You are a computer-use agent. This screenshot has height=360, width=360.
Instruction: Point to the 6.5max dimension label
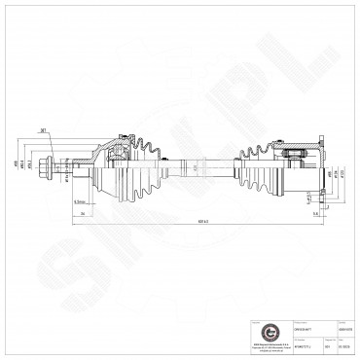coord(79,202)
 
